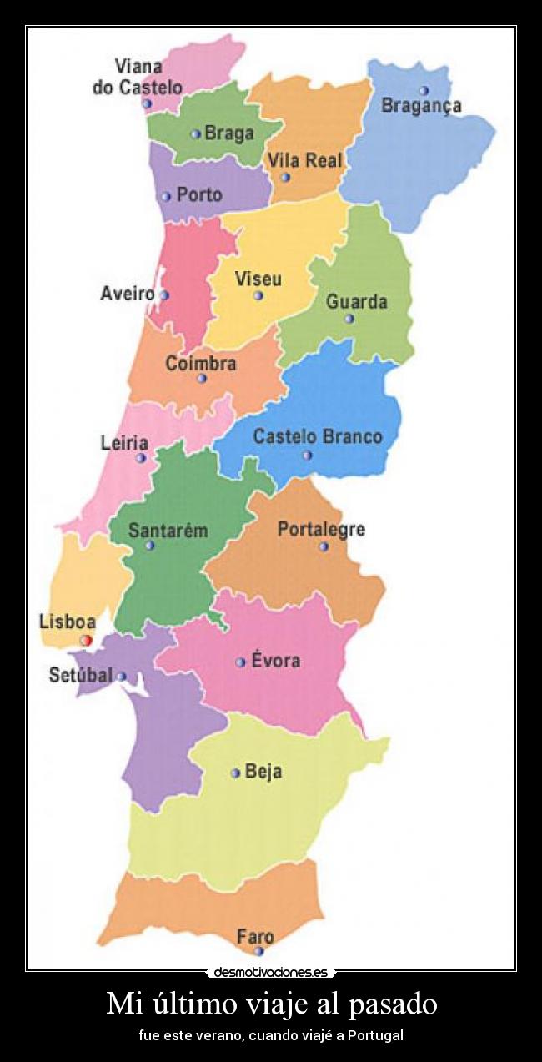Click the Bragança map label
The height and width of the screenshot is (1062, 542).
pos(421,106)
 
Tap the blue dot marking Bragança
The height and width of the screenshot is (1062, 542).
pos(424,90)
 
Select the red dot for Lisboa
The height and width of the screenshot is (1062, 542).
pos(85,640)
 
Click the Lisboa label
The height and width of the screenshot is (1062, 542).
pos(68,622)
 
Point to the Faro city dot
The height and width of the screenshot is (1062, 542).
pos(258,951)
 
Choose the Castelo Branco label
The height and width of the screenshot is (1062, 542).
pos(318,436)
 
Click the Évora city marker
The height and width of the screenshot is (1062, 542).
pos(240,662)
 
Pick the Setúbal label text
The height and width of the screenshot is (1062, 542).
pos(80,676)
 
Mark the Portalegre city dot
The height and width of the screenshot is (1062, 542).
pos(324,546)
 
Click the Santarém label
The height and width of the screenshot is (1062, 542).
pos(168,531)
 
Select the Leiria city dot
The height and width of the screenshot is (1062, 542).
pos(141,458)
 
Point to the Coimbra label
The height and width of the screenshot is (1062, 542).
pos(201,364)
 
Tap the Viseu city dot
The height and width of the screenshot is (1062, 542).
pos(258,295)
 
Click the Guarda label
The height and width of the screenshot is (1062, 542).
pos(357,301)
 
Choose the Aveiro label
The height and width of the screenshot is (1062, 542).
pos(128,294)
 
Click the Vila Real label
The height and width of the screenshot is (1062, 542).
pos(305,161)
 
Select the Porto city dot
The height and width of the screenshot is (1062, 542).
pos(166,197)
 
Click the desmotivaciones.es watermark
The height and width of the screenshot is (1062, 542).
pos(271,972)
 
